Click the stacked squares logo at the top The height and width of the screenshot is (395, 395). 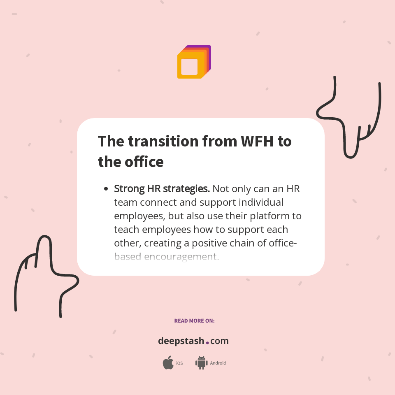pos(194,62)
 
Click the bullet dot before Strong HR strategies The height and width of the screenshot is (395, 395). pos(106,189)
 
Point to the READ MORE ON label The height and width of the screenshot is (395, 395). pos(194,321)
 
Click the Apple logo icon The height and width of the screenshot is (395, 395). pos(168,363)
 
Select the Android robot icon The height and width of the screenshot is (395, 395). pos(201,362)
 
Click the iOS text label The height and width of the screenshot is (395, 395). pos(179,363)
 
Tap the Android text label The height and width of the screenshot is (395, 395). pos(218,363)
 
